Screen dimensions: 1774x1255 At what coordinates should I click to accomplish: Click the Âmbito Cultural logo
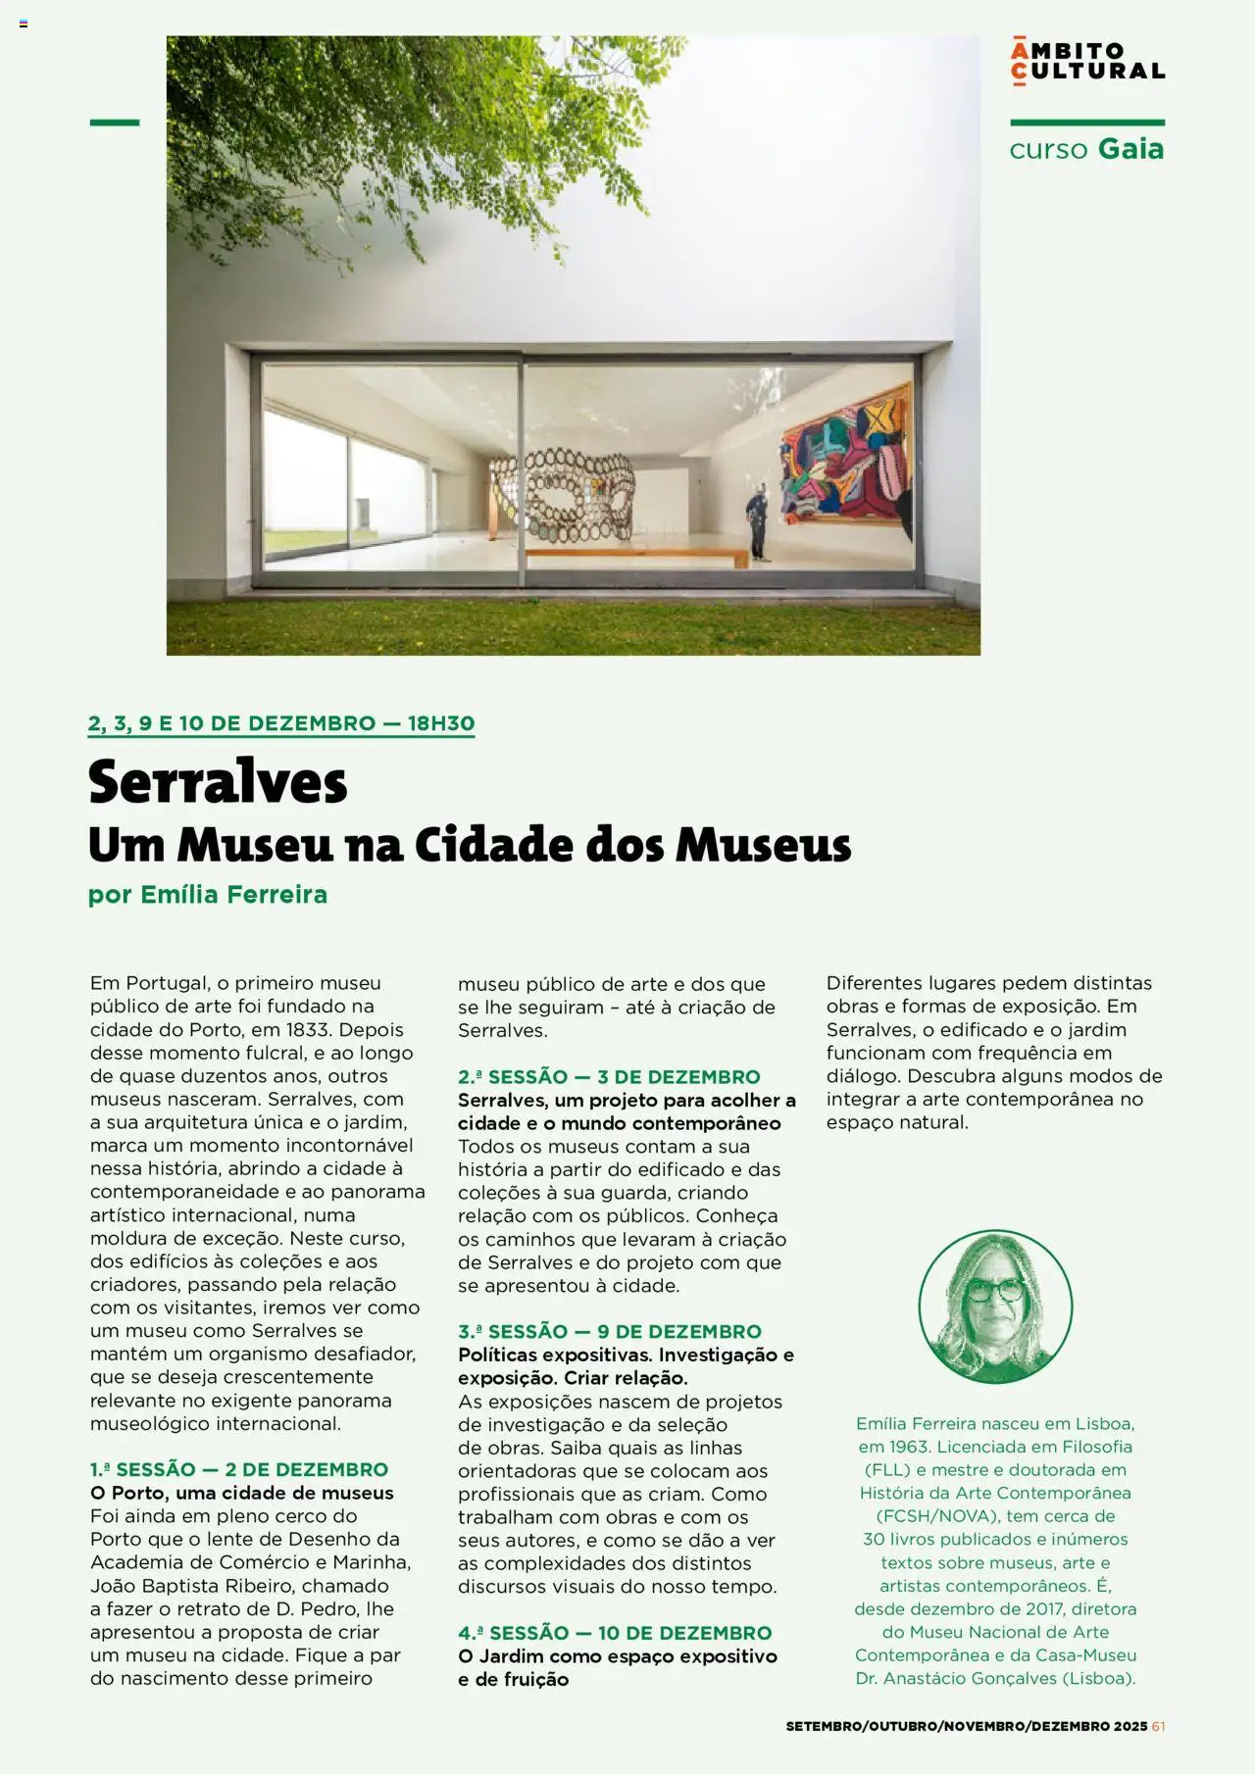point(1087,61)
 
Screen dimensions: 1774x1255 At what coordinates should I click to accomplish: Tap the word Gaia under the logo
point(1130,149)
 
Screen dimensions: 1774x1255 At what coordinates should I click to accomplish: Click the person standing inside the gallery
point(756,524)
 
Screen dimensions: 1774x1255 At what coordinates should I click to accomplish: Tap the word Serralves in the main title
point(218,782)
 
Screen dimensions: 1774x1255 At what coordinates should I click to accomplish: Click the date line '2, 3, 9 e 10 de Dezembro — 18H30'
point(281,723)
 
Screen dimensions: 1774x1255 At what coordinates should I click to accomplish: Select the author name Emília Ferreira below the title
point(233,894)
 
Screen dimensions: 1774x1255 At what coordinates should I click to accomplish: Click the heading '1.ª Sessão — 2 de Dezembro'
point(239,1469)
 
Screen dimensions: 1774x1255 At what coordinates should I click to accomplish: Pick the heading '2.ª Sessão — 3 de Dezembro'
point(609,1076)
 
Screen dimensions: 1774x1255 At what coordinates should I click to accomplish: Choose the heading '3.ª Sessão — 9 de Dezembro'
point(609,1331)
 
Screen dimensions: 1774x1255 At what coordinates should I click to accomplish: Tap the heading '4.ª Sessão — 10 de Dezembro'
point(615,1633)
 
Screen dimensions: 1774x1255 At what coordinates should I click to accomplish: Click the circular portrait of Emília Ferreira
point(995,1306)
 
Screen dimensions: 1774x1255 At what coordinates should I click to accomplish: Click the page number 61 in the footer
point(1158,1726)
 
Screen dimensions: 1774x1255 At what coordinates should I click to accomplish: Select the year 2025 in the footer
point(1129,1726)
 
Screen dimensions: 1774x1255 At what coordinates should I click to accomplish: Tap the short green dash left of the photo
point(115,123)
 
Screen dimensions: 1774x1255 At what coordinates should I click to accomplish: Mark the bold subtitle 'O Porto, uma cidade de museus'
point(242,1493)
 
